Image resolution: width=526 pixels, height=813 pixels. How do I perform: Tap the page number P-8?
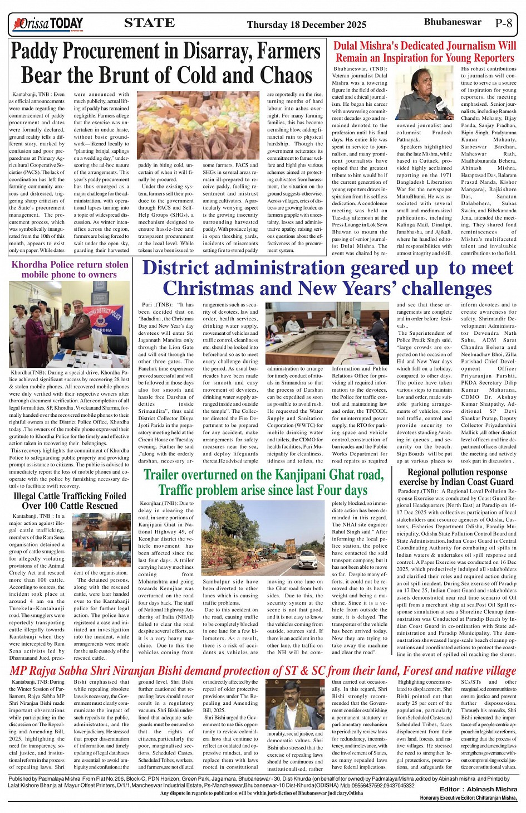point(503,23)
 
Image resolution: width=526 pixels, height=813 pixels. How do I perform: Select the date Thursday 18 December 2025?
point(306,25)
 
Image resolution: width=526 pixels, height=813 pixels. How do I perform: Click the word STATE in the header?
point(149,23)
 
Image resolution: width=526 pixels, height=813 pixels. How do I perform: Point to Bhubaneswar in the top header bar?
point(452,22)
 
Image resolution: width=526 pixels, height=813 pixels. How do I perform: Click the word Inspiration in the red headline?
point(399,58)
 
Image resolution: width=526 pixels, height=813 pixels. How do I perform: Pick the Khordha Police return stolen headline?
point(70,269)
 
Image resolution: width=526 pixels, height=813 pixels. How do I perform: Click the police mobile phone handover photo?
point(70,324)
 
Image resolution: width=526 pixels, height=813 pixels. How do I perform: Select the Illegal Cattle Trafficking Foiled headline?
point(70,501)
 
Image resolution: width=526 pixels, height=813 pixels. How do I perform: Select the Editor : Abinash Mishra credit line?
point(478,789)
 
